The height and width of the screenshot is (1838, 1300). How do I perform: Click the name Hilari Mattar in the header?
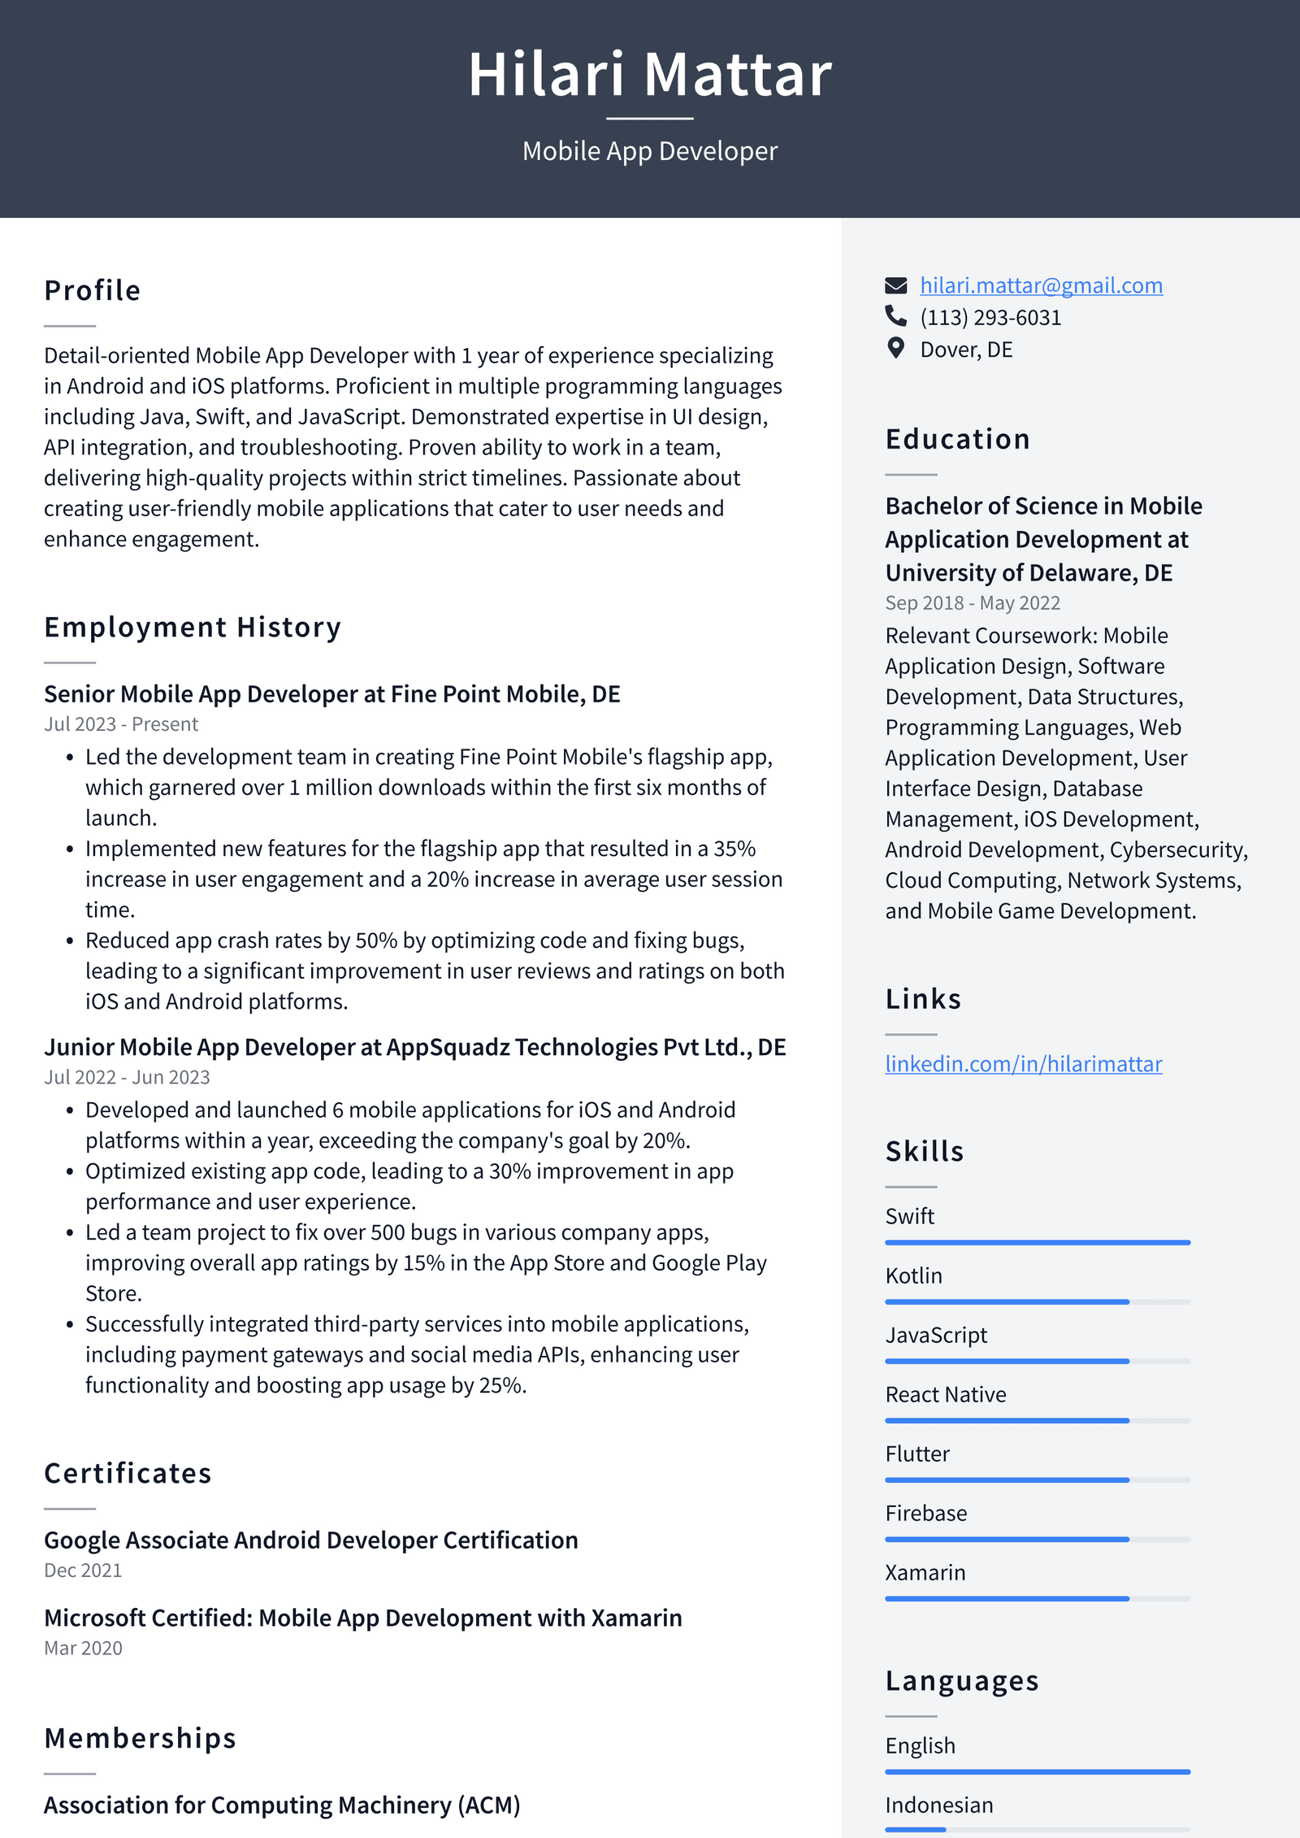point(650,75)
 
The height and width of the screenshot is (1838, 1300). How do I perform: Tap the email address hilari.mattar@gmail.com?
point(1041,285)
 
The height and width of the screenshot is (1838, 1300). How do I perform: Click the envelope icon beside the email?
point(895,285)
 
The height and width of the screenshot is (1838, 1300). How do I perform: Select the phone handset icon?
point(895,315)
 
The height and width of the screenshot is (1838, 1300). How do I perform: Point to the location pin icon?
point(895,348)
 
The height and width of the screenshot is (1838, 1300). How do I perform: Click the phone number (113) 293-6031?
point(990,317)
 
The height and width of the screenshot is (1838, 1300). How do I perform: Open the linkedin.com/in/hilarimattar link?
point(1023,1063)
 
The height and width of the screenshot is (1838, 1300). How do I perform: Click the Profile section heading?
point(93,290)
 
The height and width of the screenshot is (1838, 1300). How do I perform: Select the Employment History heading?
point(193,627)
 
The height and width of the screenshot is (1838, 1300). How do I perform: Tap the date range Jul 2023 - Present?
point(121,723)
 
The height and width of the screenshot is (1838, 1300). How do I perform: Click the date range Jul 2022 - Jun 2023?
point(127,1076)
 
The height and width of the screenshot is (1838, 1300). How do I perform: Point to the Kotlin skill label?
point(913,1275)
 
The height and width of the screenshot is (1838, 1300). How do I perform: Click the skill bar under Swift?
point(1038,1242)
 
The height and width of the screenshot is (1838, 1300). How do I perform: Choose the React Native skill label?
point(945,1394)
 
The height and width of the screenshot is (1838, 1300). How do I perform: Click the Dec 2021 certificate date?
point(83,1570)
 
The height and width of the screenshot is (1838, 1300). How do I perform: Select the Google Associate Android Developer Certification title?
point(311,1540)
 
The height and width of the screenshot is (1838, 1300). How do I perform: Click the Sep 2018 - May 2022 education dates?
point(973,602)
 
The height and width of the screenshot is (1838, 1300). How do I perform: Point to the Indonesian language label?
point(938,1805)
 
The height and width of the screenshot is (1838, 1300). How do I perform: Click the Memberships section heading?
point(140,1737)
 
